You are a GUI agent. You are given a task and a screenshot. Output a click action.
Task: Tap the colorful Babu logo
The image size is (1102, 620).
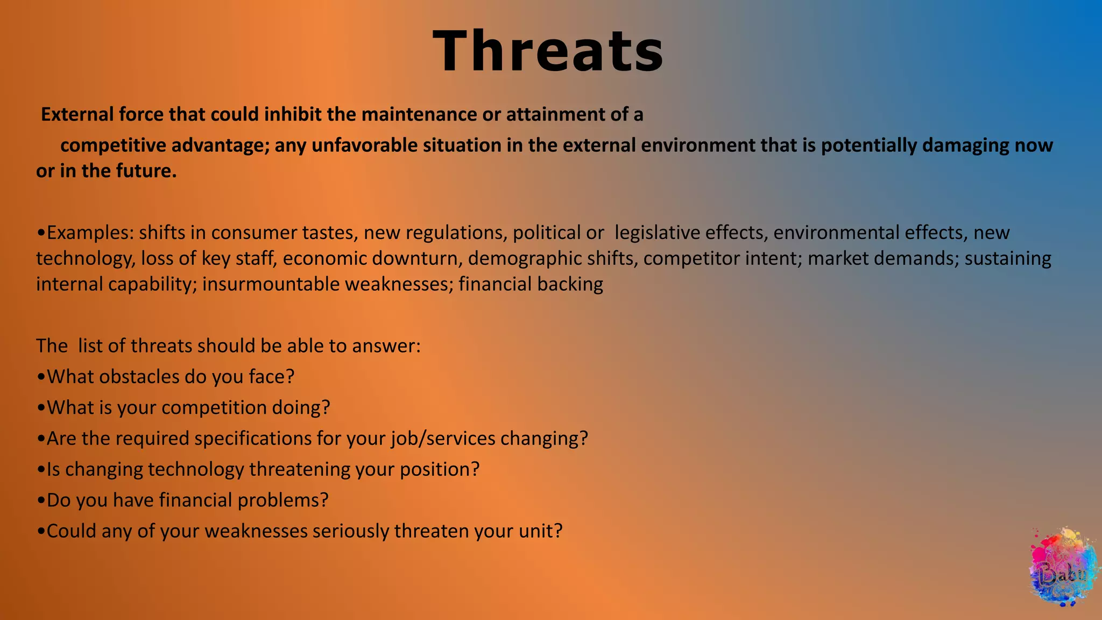pyautogui.click(x=1063, y=568)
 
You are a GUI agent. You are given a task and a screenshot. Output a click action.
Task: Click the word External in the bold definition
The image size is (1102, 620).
pyautogui.click(x=77, y=115)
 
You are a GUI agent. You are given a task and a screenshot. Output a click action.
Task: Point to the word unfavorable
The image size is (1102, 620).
pyautogui.click(x=364, y=145)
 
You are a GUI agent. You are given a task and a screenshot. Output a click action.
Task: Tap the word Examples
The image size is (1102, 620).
pyautogui.click(x=89, y=233)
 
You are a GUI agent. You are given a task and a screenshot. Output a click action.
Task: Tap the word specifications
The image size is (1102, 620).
pyautogui.click(x=252, y=439)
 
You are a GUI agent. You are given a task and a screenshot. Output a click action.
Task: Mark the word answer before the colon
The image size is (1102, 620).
pyautogui.click(x=385, y=346)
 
